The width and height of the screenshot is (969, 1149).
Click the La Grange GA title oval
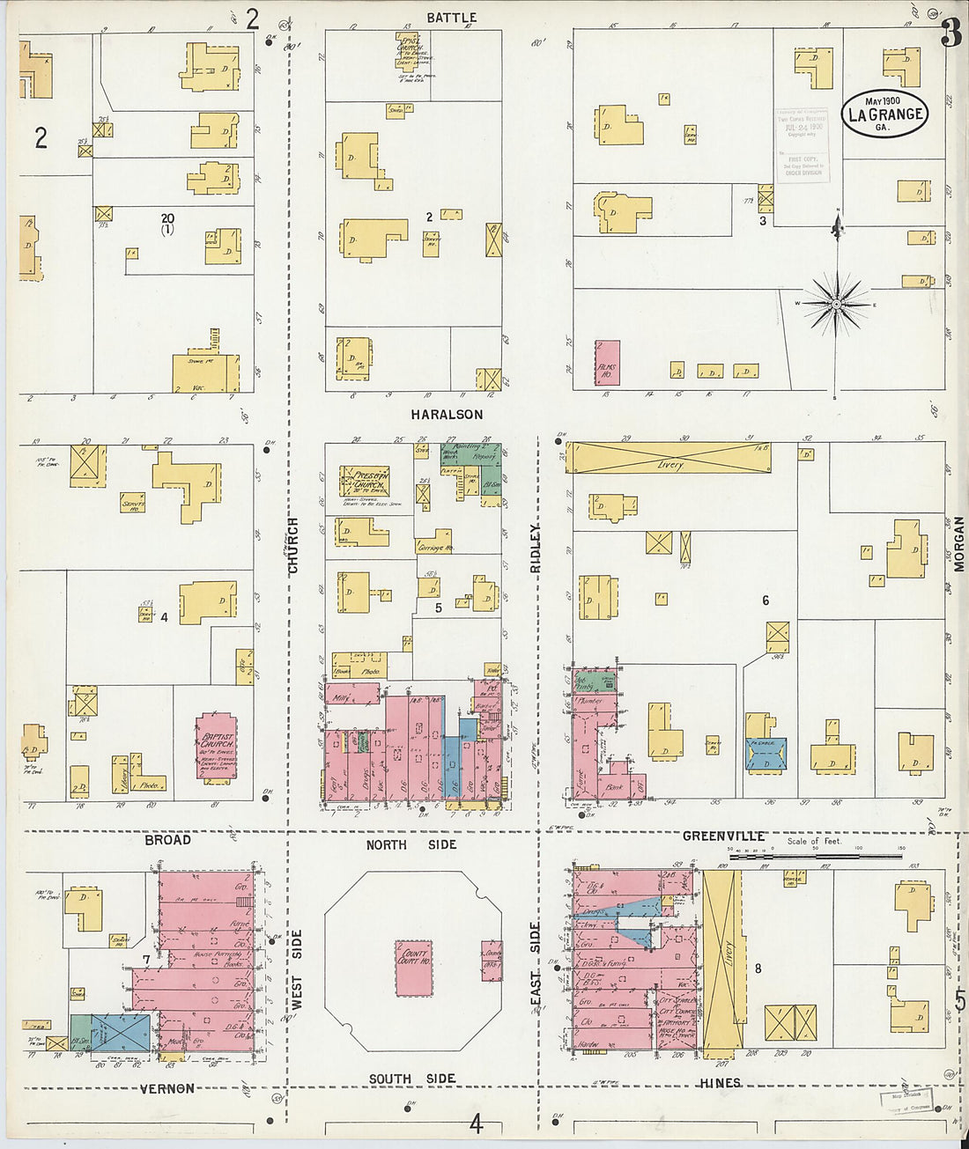(x=884, y=114)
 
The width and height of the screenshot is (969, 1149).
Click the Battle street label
(x=451, y=18)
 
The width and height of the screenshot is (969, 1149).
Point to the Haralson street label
(x=446, y=414)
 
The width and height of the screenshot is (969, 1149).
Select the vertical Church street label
(x=292, y=546)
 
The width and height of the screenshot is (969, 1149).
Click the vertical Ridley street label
(x=535, y=549)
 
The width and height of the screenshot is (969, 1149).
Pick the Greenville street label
(x=723, y=836)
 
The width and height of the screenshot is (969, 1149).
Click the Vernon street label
(x=167, y=1088)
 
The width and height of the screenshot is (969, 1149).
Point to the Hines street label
(x=720, y=1082)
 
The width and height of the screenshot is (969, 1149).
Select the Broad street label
(x=167, y=840)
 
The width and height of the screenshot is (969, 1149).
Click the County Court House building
(x=414, y=968)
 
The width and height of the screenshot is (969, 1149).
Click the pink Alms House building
(x=607, y=363)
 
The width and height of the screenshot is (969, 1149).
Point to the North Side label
(x=411, y=844)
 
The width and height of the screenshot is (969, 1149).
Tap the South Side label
(x=411, y=1079)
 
